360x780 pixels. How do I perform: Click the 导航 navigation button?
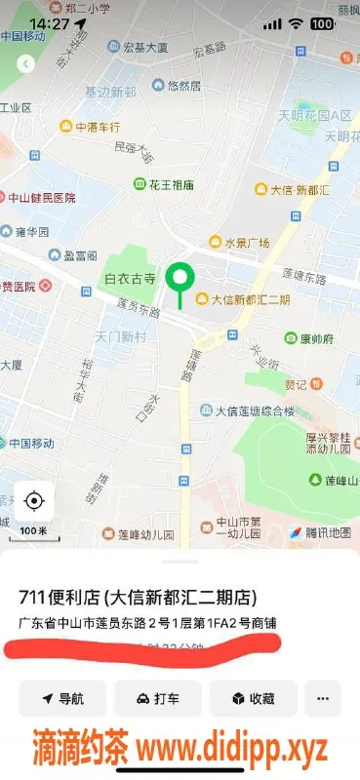(63, 698)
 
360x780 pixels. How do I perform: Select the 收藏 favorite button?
(253, 698)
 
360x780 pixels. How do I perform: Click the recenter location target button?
(34, 501)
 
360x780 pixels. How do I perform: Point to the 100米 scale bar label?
(33, 530)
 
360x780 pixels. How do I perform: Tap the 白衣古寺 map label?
(130, 279)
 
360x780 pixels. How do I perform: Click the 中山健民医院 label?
(43, 197)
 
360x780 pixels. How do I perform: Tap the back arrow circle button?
(26, 63)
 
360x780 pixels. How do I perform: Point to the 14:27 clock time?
(49, 22)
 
